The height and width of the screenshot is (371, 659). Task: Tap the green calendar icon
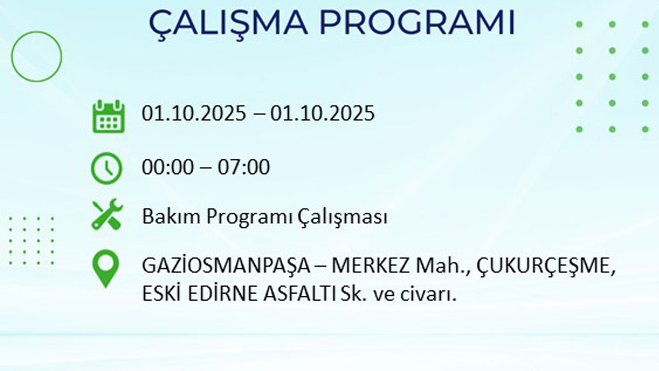[x=109, y=116]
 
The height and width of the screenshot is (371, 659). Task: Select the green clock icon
[x=107, y=168]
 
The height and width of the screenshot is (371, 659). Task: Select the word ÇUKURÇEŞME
[x=546, y=267]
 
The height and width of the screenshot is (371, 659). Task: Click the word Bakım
[x=171, y=217]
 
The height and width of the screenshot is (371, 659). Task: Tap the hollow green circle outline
[x=36, y=56]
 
